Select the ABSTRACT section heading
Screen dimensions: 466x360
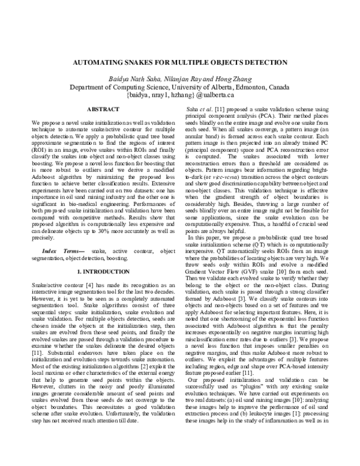pos(99,110)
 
